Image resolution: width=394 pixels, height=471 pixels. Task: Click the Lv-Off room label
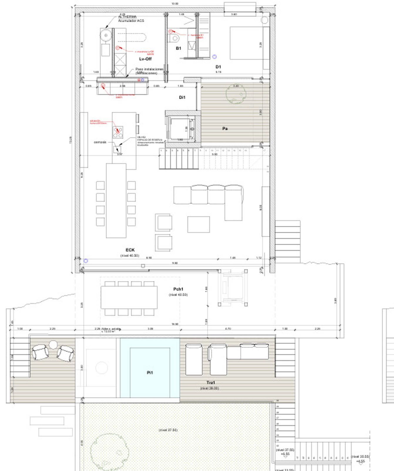[145, 59]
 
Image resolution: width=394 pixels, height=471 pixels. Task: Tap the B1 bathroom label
[178, 48]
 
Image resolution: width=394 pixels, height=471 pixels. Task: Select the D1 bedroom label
[218, 67]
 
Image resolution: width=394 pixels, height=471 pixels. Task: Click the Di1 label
[182, 97]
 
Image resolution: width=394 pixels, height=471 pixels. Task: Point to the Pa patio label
[225, 129]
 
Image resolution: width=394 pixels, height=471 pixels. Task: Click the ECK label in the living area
[130, 250]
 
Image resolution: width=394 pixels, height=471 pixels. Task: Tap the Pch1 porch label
[178, 289]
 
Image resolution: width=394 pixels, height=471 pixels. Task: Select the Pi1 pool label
[150, 373]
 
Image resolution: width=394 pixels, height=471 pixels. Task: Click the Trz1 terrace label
[210, 382]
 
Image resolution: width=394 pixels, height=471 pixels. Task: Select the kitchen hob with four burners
[118, 132]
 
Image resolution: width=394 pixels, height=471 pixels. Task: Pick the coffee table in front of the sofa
[199, 224]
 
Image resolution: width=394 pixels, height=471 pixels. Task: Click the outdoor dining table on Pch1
[129, 297]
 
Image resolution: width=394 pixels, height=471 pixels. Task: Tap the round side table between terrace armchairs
[53, 344]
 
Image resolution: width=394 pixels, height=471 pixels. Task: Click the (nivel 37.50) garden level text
[168, 430]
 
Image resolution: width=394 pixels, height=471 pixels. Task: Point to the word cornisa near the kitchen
[100, 142]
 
